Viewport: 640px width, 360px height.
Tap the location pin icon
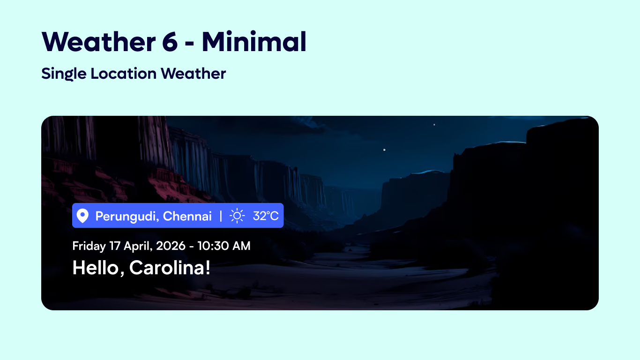82,216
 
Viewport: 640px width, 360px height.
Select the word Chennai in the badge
187,216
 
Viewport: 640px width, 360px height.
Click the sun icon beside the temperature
237,216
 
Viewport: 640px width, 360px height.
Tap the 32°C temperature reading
266,216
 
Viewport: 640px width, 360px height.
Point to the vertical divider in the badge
221,216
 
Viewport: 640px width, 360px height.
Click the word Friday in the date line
89,246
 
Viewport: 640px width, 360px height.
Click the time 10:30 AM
223,246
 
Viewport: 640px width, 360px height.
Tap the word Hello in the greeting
98,268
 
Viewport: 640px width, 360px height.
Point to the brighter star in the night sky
385,150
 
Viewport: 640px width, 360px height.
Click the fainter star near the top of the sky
434,125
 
